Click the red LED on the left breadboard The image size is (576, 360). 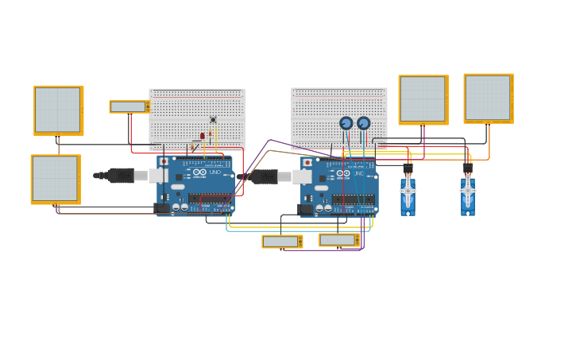pos(203,136)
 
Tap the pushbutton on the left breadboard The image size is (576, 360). pos(213,120)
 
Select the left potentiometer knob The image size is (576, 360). pos(346,123)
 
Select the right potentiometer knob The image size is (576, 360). pos(364,123)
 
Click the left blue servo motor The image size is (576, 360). pos(408,193)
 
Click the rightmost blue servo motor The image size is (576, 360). pos(468,193)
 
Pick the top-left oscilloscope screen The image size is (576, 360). pos(58,110)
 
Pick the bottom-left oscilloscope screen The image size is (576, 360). pos(56,179)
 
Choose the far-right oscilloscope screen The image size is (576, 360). pos(488,98)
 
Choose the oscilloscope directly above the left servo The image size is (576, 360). pos(423,99)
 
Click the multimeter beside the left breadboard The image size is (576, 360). pos(129,106)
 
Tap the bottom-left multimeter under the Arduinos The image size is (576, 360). pos(281,242)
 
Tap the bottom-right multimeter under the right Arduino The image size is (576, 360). pos(338,240)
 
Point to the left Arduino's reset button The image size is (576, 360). pos(164,161)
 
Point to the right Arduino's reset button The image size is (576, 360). pos(307,162)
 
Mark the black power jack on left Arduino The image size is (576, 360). pos(161,208)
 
